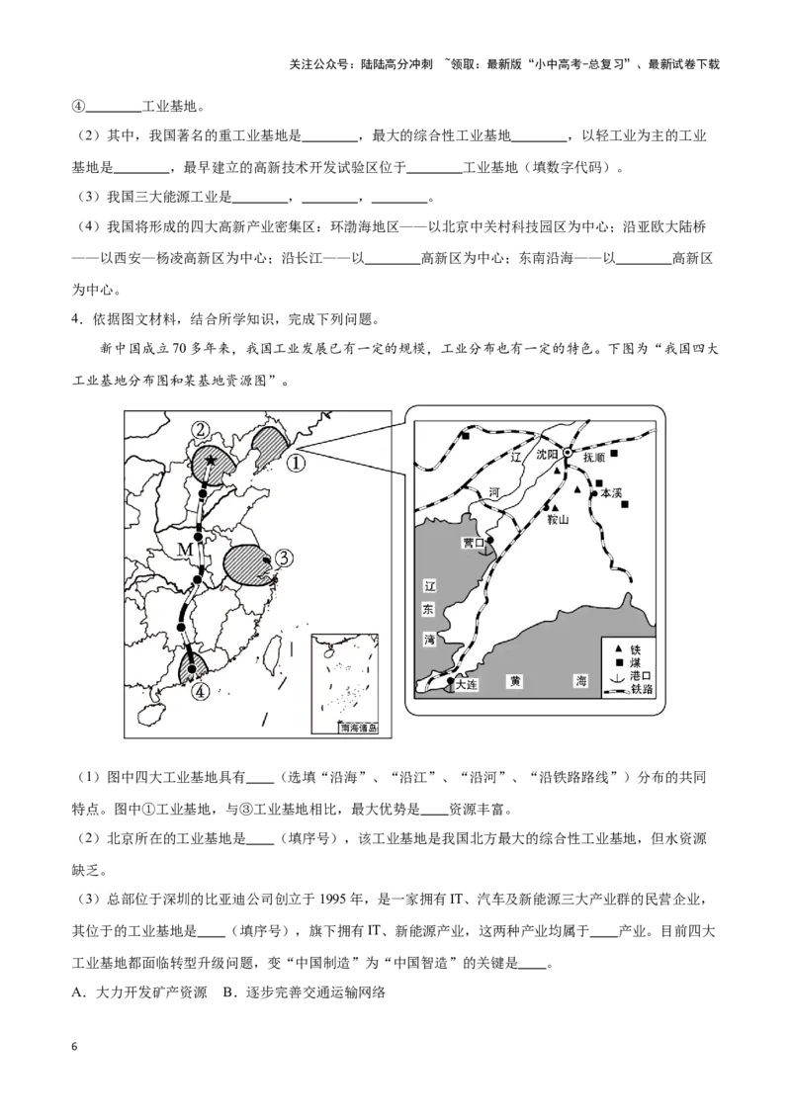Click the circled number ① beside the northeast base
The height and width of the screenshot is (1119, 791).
[297, 463]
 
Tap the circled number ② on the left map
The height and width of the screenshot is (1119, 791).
[202, 430]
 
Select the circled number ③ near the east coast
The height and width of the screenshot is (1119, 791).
[283, 559]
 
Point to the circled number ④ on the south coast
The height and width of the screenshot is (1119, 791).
[202, 691]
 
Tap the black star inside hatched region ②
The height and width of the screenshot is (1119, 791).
[211, 461]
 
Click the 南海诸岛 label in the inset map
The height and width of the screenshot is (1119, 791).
[358, 729]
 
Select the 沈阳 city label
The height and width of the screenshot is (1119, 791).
[548, 455]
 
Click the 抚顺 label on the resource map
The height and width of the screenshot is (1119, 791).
[593, 458]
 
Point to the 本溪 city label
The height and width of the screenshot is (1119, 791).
[612, 493]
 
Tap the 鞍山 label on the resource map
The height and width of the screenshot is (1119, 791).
[558, 520]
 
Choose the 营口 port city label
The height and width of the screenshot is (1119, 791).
[474, 543]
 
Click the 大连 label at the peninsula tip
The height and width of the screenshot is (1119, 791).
[466, 684]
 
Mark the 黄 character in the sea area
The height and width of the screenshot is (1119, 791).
[515, 681]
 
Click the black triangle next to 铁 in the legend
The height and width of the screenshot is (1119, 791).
[618, 650]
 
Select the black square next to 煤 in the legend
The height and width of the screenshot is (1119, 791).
[618, 663]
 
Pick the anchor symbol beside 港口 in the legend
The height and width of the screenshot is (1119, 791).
[618, 676]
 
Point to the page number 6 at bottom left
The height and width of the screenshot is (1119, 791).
[74, 1047]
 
